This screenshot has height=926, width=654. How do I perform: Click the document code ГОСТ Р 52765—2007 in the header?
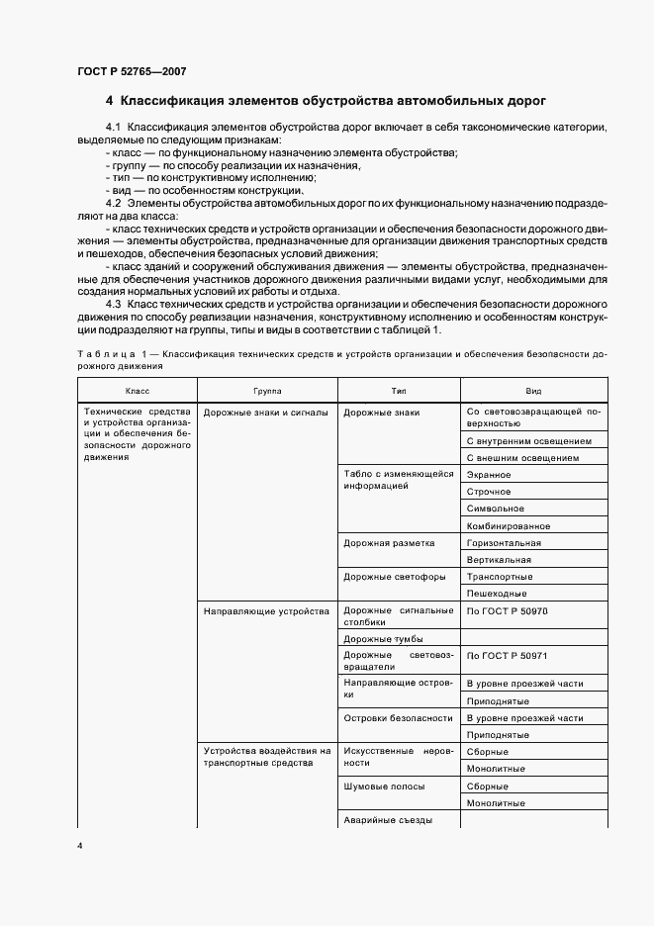coord(131,71)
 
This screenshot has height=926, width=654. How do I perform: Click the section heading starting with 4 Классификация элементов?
coord(326,101)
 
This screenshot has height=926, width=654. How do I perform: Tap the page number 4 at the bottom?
coord(79,846)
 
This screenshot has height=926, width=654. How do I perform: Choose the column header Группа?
coord(267,391)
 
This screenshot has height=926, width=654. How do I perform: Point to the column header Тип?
coord(399,391)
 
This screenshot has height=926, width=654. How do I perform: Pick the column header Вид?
coord(533,391)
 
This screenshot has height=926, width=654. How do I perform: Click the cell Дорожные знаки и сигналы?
coord(265,413)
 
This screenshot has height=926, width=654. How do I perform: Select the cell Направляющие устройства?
coord(265,611)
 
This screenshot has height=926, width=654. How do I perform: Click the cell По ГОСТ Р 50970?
coord(506,611)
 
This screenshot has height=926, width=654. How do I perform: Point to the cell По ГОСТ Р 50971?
coord(506,656)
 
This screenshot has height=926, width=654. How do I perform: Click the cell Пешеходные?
coord(497,593)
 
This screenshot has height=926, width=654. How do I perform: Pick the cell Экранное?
coord(488,475)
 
